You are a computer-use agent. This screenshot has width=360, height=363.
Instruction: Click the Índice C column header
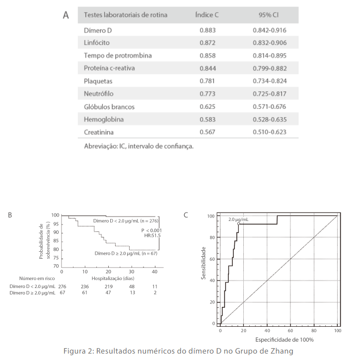coord(207,15)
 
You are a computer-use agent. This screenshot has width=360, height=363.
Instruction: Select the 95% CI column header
coord(269,15)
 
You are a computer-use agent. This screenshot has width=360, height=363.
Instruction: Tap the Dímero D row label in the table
coord(98,30)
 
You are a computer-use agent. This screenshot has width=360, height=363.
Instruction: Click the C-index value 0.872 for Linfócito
coord(208,43)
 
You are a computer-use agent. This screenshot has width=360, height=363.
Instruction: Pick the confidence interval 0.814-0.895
coord(269,55)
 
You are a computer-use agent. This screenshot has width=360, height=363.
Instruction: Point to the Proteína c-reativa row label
coord(109,68)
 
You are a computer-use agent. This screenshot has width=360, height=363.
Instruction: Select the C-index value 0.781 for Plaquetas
coord(208,81)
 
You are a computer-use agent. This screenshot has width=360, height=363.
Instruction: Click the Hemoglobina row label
coord(104,120)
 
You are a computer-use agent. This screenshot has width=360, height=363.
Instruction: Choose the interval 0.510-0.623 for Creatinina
coord(269,132)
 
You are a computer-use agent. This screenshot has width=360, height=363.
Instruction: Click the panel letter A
coord(66,15)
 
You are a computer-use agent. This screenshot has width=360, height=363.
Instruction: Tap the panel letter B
coord(10,215)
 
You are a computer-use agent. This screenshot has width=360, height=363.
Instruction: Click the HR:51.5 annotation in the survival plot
coord(151,236)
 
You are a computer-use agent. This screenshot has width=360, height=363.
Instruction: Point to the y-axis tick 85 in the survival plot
coord(57,241)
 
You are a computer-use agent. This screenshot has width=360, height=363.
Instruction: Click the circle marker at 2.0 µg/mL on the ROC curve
coord(239,224)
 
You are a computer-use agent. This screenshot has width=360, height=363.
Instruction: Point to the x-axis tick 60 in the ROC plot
coord(290,330)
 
